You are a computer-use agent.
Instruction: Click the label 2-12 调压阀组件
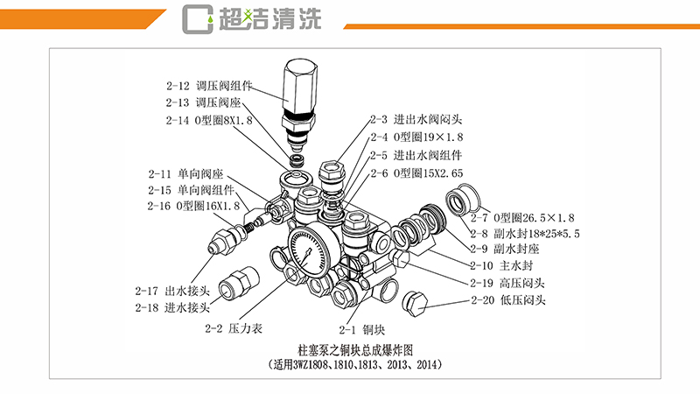point(208,87)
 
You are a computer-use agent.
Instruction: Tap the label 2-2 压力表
point(234,329)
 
